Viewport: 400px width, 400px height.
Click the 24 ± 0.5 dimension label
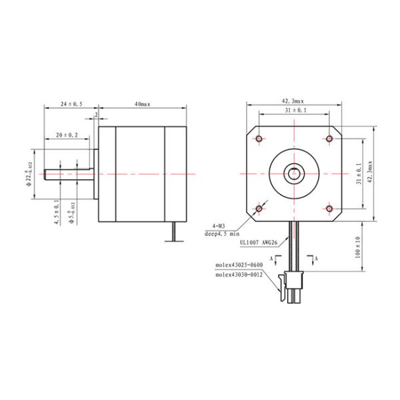click(x=71, y=104)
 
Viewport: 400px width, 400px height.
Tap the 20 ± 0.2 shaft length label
click(x=67, y=135)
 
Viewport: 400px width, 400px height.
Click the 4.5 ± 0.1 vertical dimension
click(x=56, y=213)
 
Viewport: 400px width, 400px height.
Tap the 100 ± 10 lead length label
click(x=359, y=248)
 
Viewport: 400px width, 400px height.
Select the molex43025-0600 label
click(x=239, y=265)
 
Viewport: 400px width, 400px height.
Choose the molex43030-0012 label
click(x=239, y=274)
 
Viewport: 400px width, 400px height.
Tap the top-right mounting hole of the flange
click(x=330, y=139)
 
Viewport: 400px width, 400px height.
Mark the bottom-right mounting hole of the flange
click(x=330, y=209)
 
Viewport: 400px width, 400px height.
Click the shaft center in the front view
click(x=294, y=174)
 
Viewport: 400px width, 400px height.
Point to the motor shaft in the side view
click(x=67, y=174)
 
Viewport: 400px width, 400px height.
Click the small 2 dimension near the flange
click(x=97, y=115)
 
